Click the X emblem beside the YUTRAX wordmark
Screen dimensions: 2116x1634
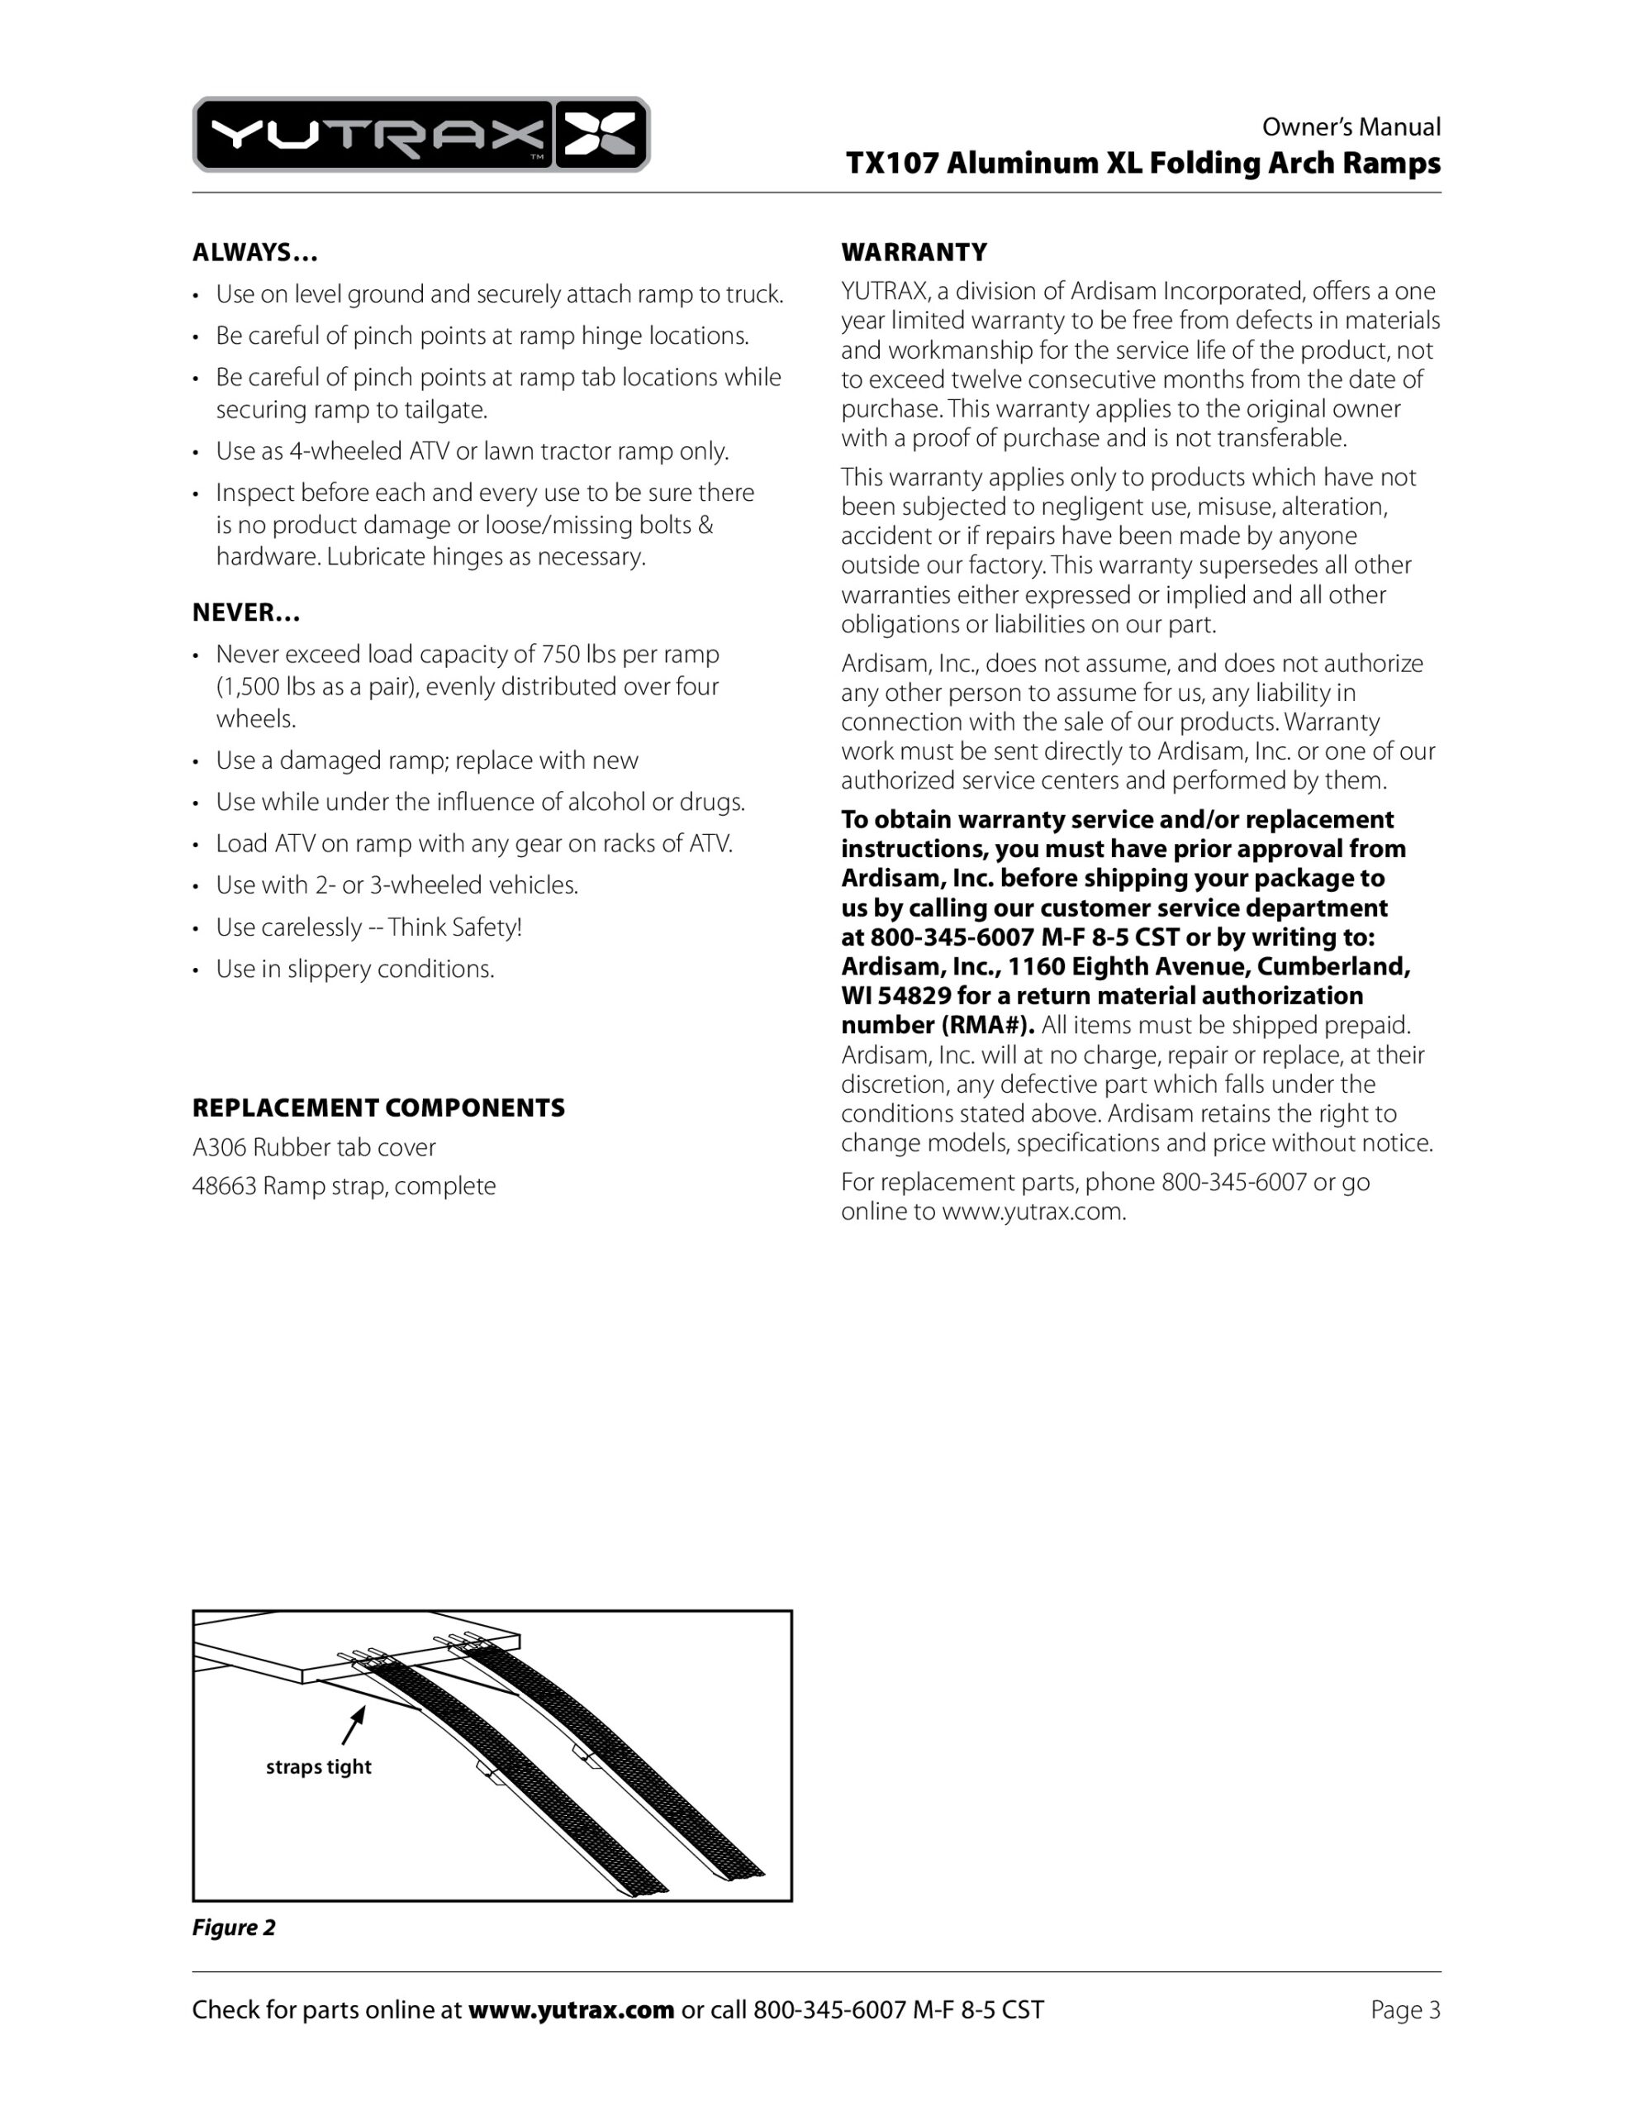tap(601, 135)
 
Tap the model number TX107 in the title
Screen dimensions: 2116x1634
tap(891, 163)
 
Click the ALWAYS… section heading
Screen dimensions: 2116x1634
tap(254, 253)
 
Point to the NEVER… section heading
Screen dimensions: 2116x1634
tap(246, 612)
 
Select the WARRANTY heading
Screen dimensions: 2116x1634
tap(914, 253)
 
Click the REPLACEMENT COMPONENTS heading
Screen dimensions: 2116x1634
tap(378, 1108)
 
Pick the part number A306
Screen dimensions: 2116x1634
tap(219, 1147)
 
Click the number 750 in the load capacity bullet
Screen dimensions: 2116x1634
tap(560, 654)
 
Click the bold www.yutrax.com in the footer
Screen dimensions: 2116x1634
tap(571, 2009)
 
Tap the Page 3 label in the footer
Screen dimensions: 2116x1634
tap(1404, 2009)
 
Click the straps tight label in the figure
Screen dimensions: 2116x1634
tap(319, 1766)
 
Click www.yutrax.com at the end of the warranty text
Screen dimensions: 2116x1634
tap(1033, 1211)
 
